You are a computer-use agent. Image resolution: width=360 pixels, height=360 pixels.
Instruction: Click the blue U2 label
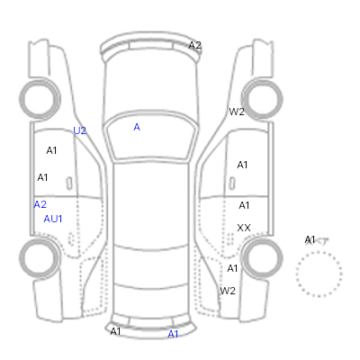tap(79, 130)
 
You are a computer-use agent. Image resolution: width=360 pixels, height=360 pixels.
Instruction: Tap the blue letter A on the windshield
tap(137, 127)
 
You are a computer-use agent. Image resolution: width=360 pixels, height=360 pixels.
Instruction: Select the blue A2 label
tap(40, 204)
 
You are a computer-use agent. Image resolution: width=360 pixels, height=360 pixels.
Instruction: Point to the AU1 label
tap(53, 219)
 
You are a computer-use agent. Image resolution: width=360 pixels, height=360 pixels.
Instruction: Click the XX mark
tap(244, 228)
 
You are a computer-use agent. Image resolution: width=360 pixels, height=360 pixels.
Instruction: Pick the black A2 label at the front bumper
tap(194, 45)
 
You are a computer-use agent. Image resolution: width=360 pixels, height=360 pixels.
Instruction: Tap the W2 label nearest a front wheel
tap(237, 112)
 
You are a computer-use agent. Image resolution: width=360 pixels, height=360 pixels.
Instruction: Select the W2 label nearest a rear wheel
tap(228, 291)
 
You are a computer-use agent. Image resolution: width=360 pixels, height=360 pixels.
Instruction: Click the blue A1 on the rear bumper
tap(173, 334)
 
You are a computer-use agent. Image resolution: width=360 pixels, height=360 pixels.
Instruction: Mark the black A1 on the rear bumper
tap(115, 331)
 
